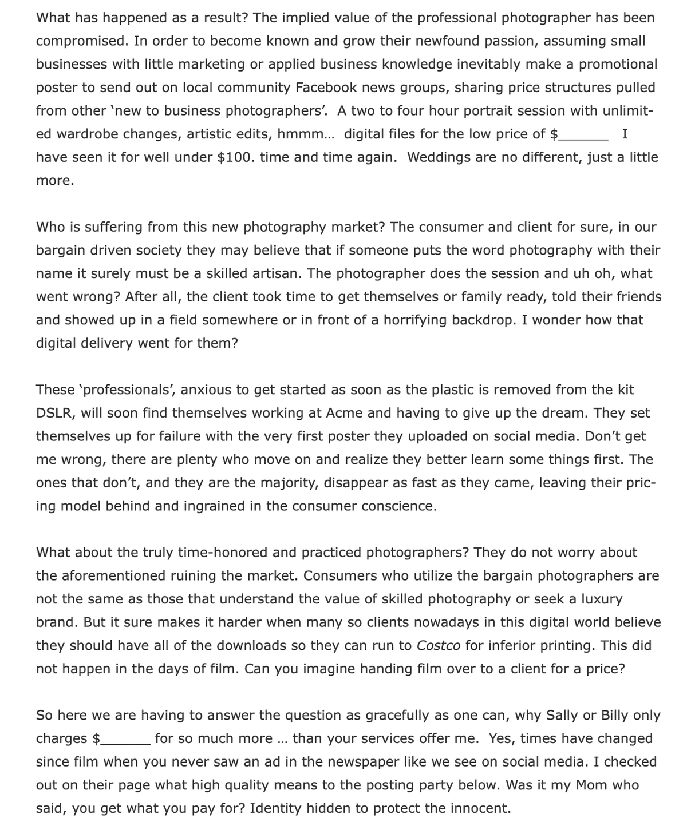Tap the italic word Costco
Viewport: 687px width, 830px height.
pyautogui.click(x=439, y=646)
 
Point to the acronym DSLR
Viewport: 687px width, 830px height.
pyautogui.click(x=54, y=413)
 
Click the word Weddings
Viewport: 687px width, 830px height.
pyautogui.click(x=440, y=157)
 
